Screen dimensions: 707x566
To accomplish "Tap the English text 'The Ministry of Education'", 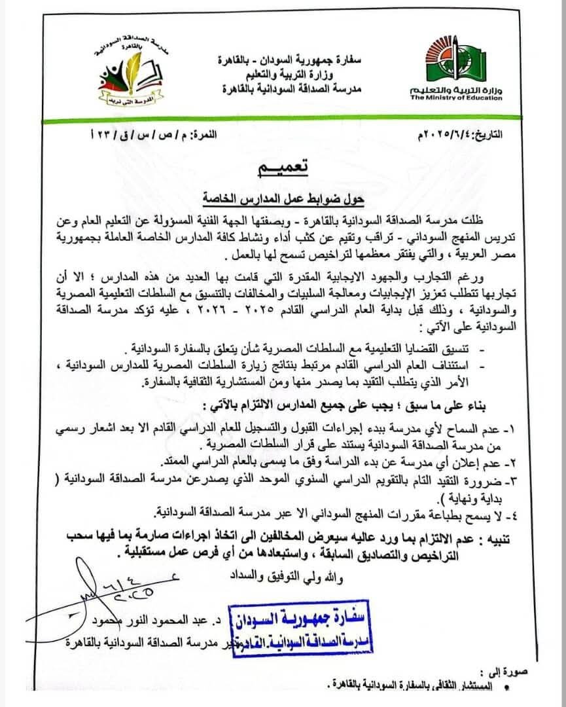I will point(457,98).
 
